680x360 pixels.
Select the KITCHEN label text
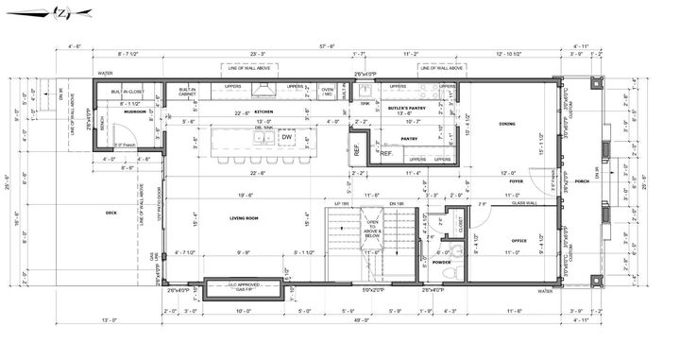click(263, 111)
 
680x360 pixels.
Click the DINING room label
click(507, 124)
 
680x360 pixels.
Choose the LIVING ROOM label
click(244, 218)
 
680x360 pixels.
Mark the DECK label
click(111, 213)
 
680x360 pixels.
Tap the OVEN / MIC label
click(328, 92)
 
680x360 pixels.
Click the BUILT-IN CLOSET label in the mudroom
click(127, 92)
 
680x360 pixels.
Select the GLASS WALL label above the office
click(524, 203)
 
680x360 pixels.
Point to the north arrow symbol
click(60, 13)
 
